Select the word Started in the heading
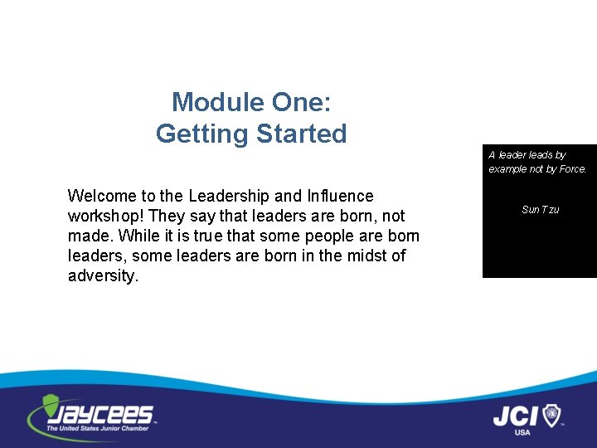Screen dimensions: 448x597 pos(301,133)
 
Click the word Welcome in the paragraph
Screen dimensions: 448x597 pos(102,196)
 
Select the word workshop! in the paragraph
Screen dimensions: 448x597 pos(106,216)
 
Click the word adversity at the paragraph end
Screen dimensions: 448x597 pos(103,275)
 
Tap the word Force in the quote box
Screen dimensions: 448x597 pos(572,169)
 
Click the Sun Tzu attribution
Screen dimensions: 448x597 pos(540,210)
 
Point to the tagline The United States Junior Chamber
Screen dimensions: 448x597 pos(98,428)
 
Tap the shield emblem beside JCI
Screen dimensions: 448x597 pos(551,414)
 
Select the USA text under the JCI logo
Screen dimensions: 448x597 pos(522,432)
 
